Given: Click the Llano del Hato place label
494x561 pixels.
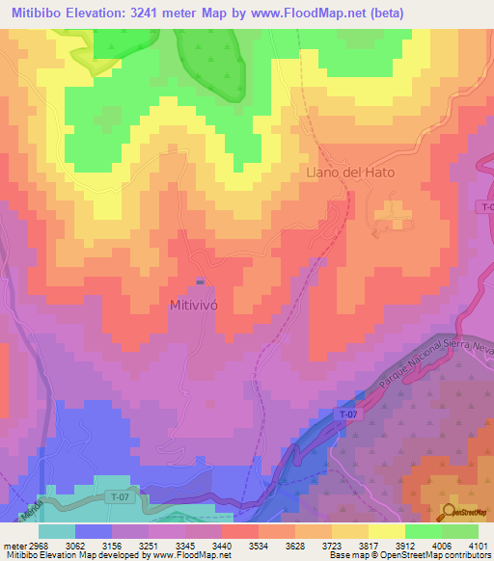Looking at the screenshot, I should pos(349,173).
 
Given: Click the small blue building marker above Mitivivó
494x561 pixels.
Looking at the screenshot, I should pos(200,282).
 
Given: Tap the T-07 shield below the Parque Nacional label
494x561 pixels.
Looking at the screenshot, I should pos(348,414).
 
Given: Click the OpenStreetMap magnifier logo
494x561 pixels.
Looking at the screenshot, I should pos(449,511).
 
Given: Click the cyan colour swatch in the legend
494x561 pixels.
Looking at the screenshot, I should pos(57,530).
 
